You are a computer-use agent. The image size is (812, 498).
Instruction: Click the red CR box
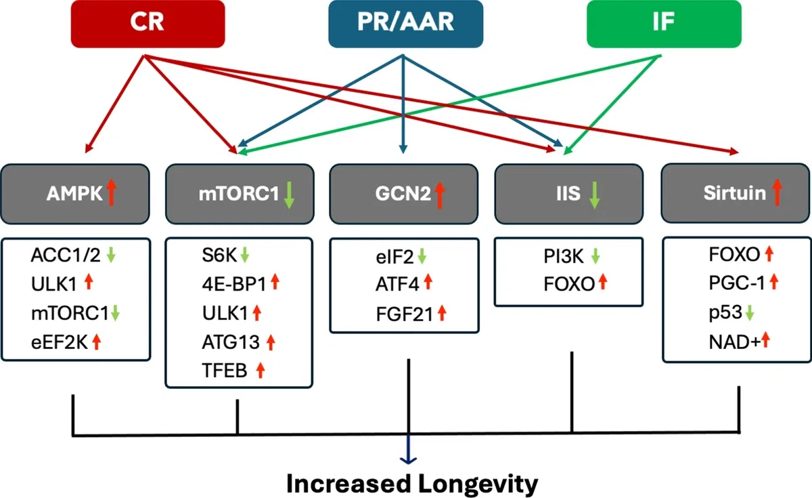tap(148, 24)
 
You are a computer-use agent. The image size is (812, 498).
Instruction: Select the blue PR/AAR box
tap(405, 24)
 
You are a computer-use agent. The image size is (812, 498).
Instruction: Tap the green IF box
tap(664, 24)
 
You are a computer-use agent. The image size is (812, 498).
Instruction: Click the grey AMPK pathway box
tap(75, 194)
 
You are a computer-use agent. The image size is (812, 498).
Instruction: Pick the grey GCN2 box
tap(404, 194)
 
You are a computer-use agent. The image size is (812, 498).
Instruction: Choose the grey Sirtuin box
tap(736, 193)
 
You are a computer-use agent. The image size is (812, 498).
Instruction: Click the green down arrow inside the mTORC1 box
tap(289, 195)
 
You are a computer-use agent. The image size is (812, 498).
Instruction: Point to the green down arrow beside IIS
tap(594, 195)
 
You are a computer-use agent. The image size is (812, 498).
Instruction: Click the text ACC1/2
tap(66, 255)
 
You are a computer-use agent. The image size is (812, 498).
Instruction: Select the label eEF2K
tap(60, 342)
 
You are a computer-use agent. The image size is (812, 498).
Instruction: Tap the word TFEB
tap(225, 371)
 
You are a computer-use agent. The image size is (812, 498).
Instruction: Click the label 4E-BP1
tap(235, 284)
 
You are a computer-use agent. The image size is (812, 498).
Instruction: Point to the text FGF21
tap(405, 314)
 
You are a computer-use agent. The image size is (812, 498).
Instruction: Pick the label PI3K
tap(564, 256)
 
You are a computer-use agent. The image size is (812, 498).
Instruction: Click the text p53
tap(725, 313)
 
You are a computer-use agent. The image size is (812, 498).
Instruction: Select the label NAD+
tap(734, 342)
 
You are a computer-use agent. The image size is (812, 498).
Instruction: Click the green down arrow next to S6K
tap(245, 255)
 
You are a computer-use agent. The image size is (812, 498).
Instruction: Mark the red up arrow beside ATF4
tap(428, 282)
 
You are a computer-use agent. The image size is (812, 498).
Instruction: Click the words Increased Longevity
tap(412, 484)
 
